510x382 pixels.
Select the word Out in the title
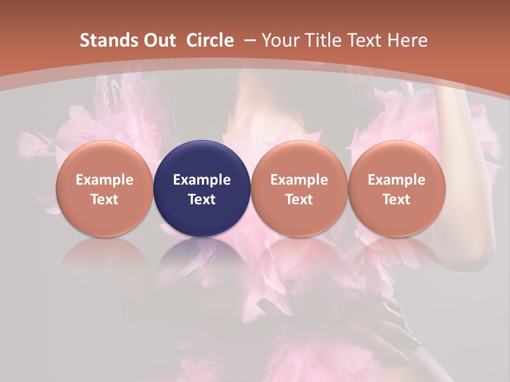pyautogui.click(x=159, y=40)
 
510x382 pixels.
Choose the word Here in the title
pyautogui.click(x=407, y=40)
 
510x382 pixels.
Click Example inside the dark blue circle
pyautogui.click(x=202, y=180)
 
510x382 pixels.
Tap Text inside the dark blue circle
pyautogui.click(x=202, y=199)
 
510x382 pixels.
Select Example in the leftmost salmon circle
pyautogui.click(x=105, y=180)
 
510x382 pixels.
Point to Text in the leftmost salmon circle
pyautogui.click(x=105, y=199)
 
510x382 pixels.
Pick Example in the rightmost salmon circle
pyautogui.click(x=396, y=180)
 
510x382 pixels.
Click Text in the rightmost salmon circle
pyautogui.click(x=396, y=199)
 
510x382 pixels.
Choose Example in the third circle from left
pyautogui.click(x=299, y=180)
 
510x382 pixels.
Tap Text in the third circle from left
pyautogui.click(x=299, y=199)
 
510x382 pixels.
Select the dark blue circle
pyautogui.click(x=202, y=159)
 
